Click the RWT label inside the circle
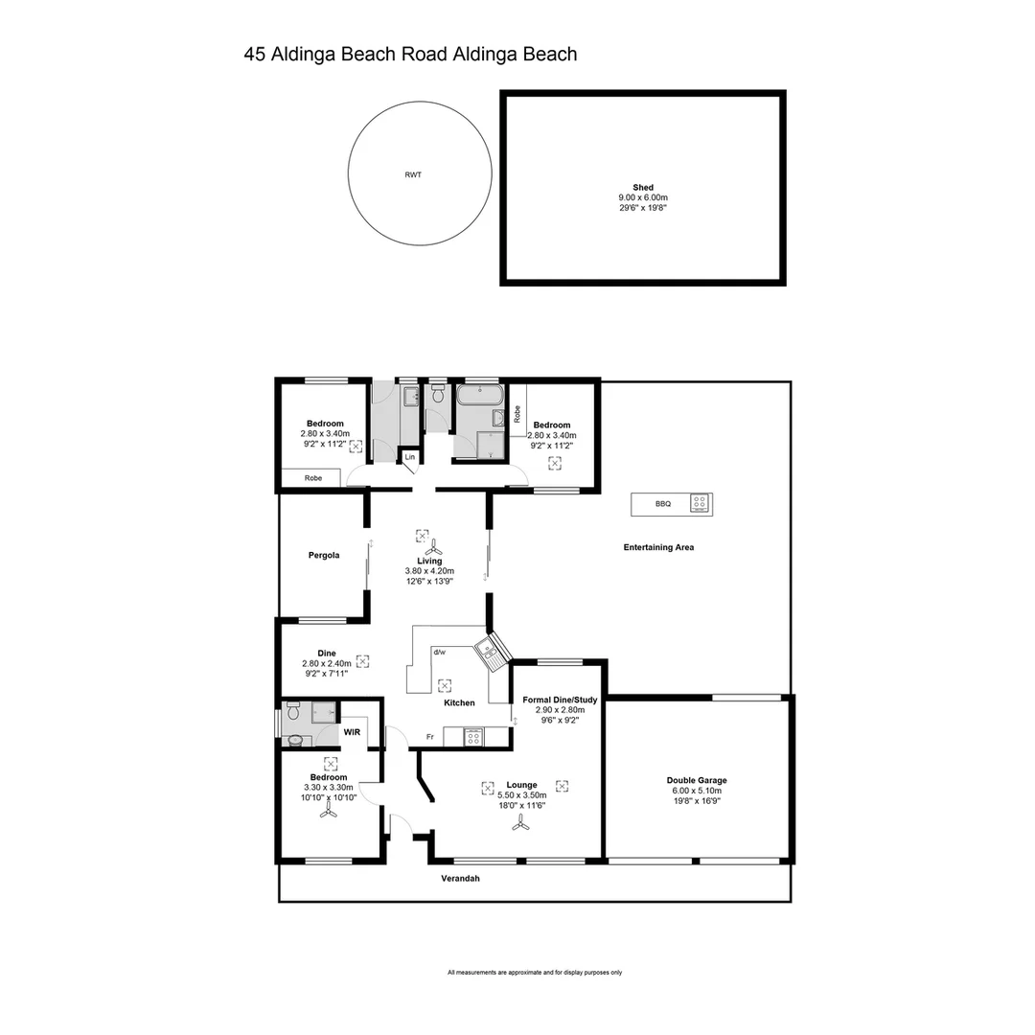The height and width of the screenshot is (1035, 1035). [x=413, y=175]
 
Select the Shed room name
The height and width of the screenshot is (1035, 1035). [x=642, y=187]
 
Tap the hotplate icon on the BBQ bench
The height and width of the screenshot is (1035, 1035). [x=700, y=503]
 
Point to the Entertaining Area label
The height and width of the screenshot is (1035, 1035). [x=658, y=547]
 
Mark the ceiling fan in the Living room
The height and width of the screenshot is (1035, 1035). [x=432, y=549]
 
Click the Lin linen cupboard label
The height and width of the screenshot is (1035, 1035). [x=409, y=458]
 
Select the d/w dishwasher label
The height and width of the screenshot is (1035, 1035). [x=439, y=652]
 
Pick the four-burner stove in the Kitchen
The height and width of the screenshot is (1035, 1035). [x=473, y=737]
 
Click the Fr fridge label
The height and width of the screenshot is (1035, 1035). [x=431, y=737]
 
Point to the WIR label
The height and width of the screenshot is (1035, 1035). [x=352, y=731]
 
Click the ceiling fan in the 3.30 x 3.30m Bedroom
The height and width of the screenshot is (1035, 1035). [x=328, y=811]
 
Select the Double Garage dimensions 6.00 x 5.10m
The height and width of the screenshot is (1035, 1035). [x=697, y=791]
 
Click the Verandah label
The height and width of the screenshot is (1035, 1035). [x=459, y=878]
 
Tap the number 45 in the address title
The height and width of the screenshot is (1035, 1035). [x=255, y=55]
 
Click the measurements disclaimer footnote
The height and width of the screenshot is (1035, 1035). [x=535, y=973]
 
